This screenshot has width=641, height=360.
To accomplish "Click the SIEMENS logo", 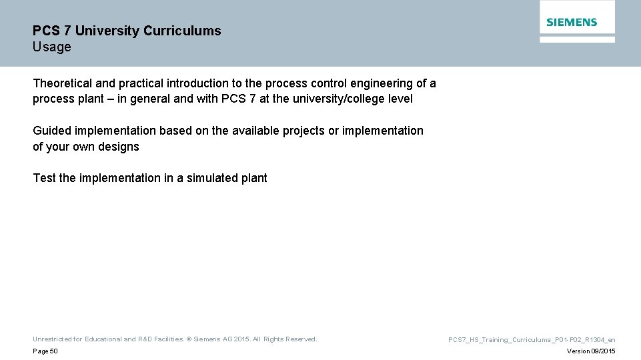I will tap(572, 22).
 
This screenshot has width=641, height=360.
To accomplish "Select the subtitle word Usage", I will tap(51, 47).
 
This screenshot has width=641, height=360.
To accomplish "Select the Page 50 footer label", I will tap(45, 351).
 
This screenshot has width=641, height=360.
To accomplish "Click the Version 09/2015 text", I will tap(591, 351).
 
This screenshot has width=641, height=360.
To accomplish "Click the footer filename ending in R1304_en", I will tap(532, 340).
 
